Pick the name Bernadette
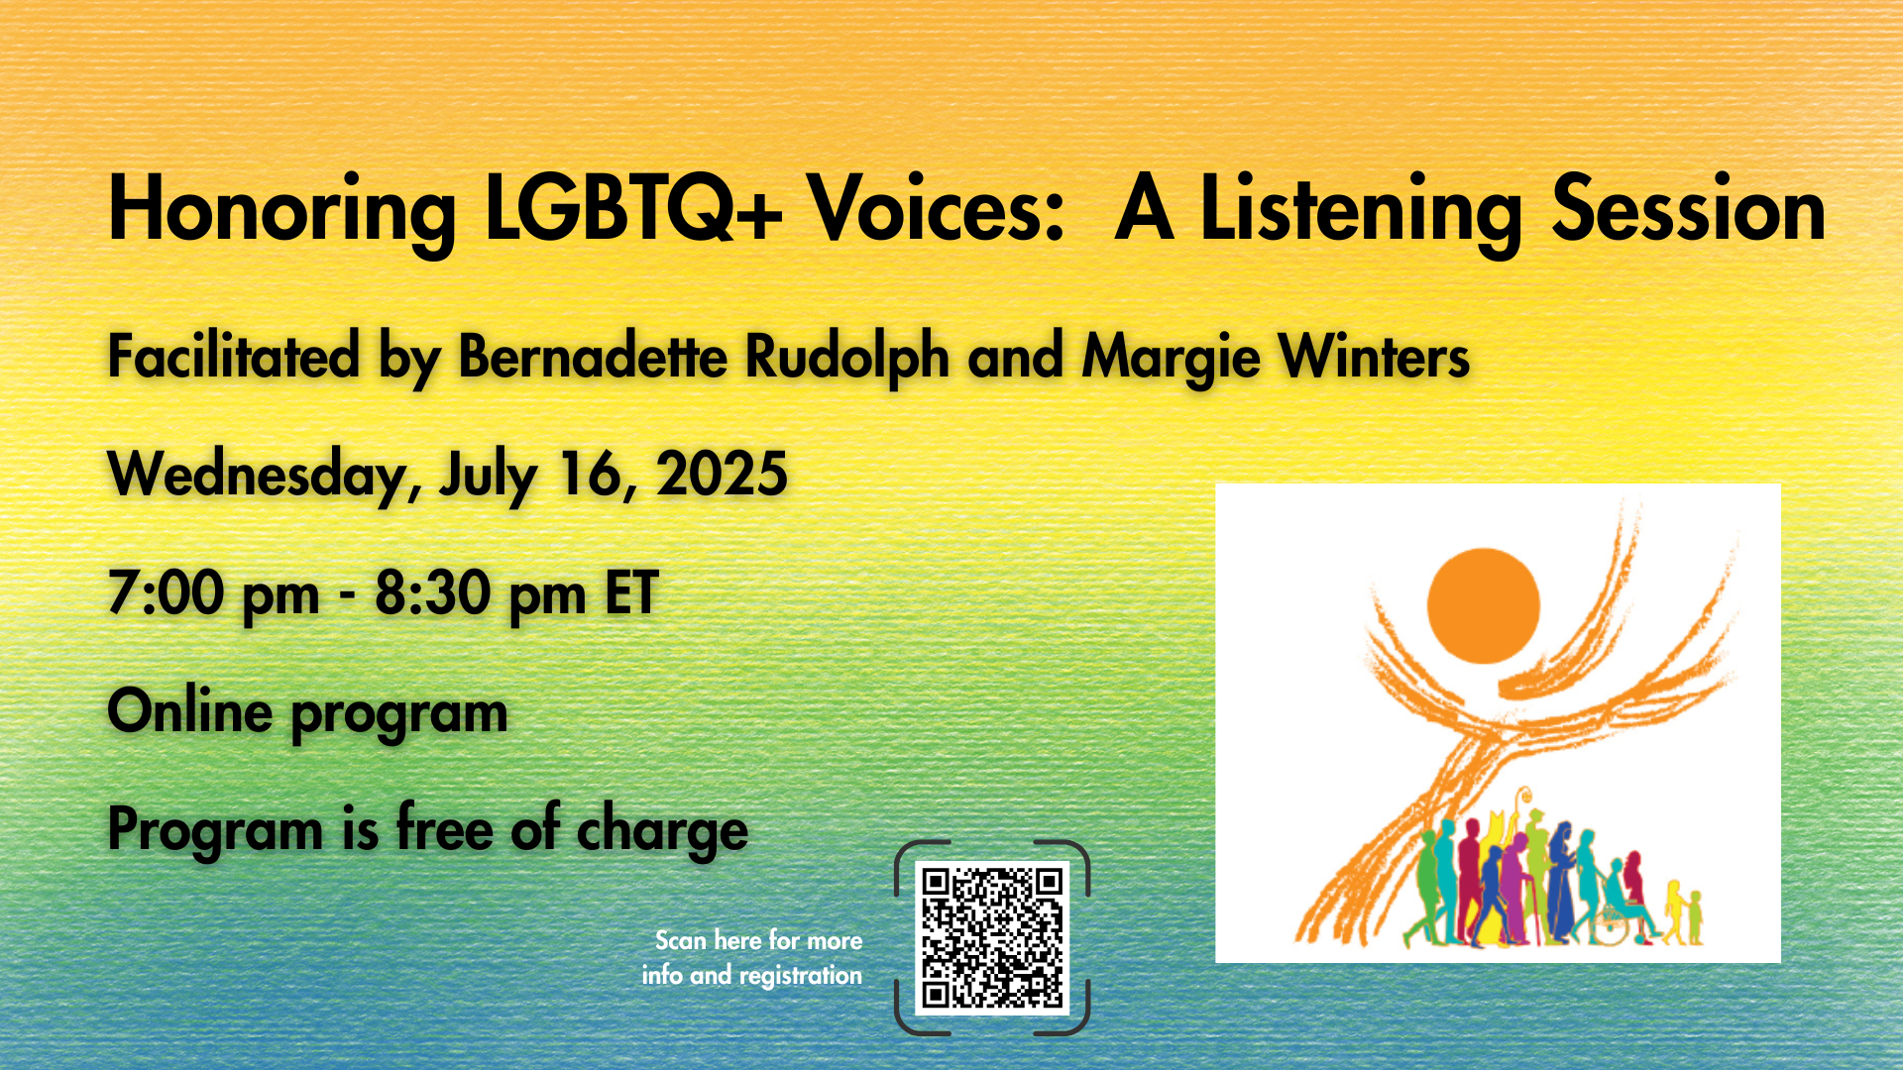(x=592, y=356)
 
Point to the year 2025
(x=722, y=474)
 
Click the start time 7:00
(x=166, y=592)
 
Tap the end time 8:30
(x=432, y=592)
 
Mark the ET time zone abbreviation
(x=631, y=592)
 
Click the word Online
(x=189, y=710)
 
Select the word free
(x=443, y=827)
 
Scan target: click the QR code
(x=991, y=937)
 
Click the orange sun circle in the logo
(x=1483, y=605)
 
